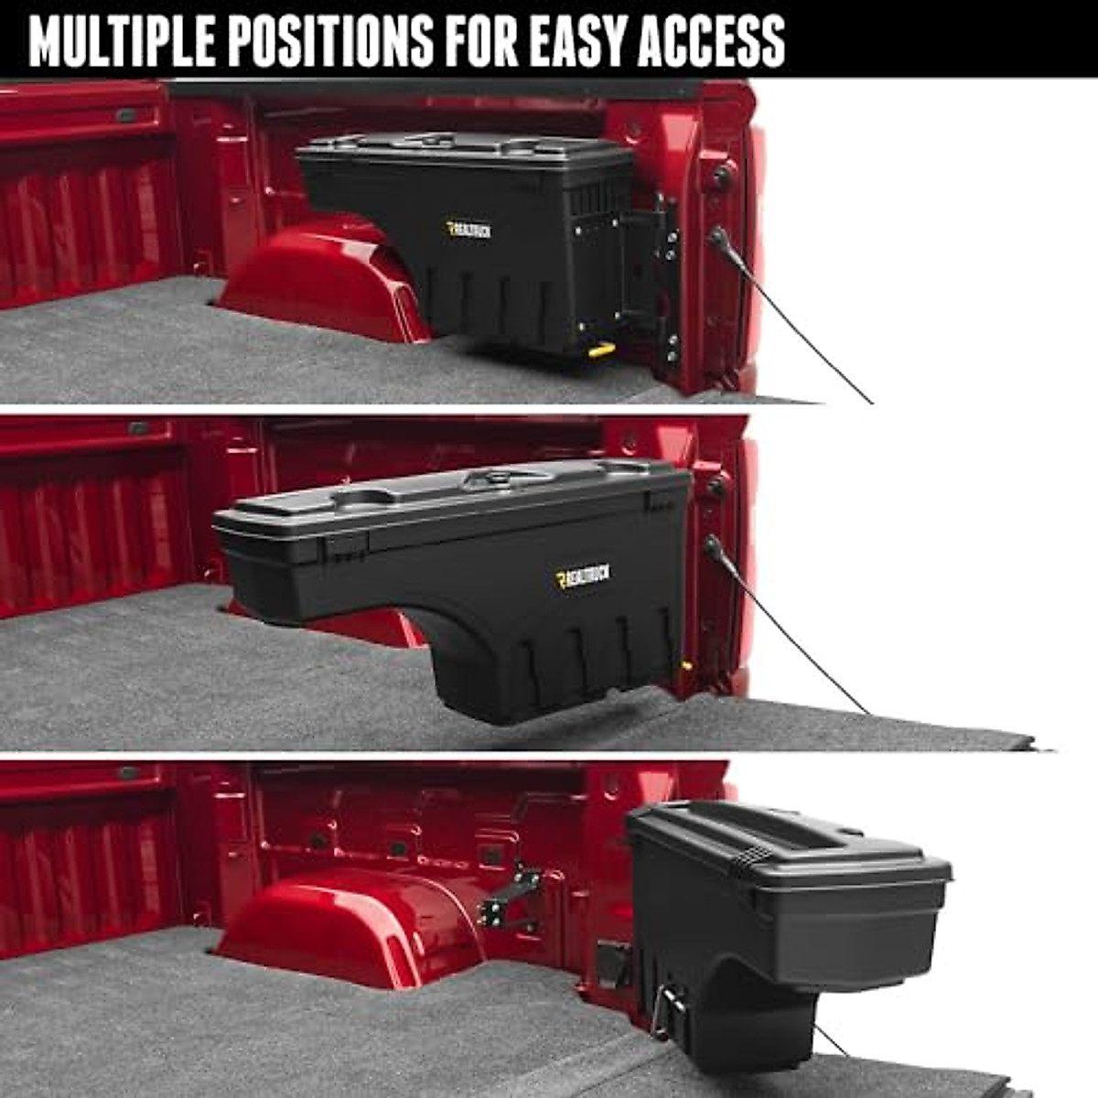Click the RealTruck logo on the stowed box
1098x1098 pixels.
coord(468,230)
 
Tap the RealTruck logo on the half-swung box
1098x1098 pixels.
coord(582,576)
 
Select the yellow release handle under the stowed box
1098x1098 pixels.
coord(600,350)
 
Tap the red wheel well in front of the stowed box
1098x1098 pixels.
coord(320,279)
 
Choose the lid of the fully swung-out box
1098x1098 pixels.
coord(787,846)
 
